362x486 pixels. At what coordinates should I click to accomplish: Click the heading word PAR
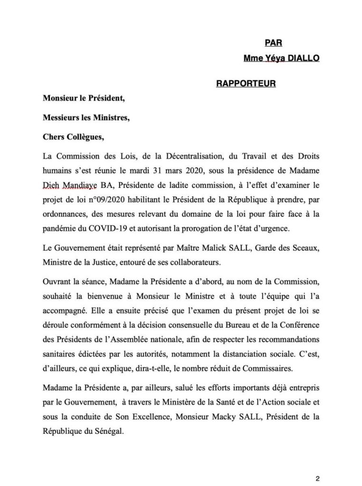273,43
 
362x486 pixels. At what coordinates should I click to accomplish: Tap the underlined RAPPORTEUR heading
246,84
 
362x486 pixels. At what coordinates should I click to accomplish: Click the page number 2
318,466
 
